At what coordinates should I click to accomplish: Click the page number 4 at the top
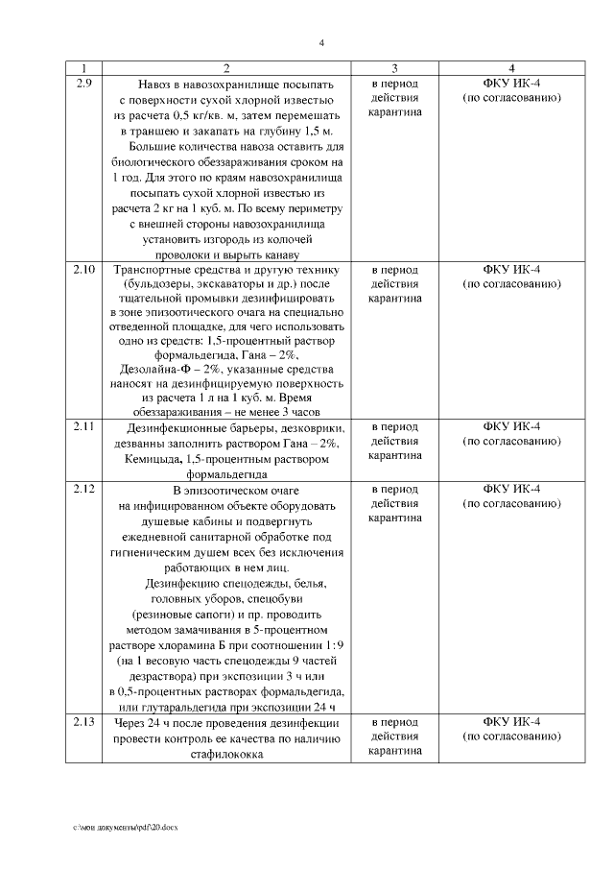coord(321,43)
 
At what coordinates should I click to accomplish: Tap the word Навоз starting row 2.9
coord(156,84)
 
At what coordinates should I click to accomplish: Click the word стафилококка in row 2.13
coord(226,755)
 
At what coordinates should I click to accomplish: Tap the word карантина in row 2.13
coord(394,753)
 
